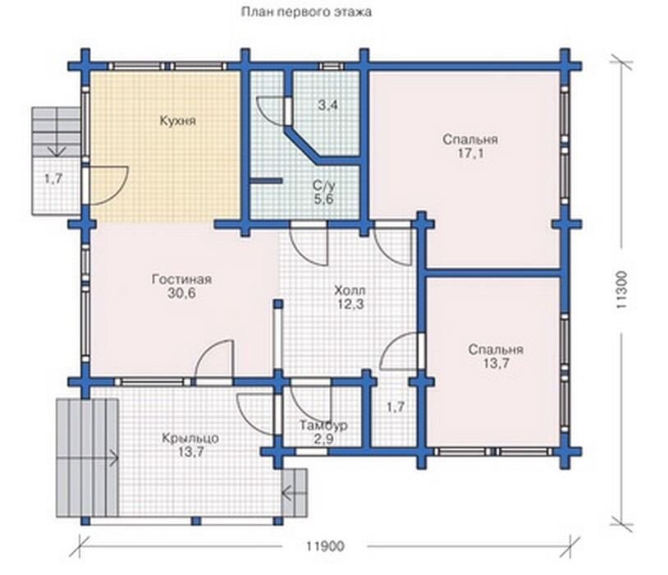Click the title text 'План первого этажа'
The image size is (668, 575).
coord(306,12)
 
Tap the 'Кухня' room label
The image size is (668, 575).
coord(178,121)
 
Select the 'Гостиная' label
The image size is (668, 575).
coord(181,279)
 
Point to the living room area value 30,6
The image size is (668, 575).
coord(181,293)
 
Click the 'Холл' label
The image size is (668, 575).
coord(350,291)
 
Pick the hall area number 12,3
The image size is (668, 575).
coord(351,305)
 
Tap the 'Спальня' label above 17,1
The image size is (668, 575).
coord(470,140)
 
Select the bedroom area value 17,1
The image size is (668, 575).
coord(471,153)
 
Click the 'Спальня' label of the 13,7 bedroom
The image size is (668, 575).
coord(496,350)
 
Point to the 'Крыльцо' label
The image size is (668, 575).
coord(190,439)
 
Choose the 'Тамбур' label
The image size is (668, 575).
coord(324,425)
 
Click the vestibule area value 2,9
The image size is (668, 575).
coord(323,439)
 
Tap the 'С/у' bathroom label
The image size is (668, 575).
coord(324,186)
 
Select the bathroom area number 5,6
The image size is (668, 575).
coord(324,200)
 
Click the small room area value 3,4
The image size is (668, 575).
coord(328,104)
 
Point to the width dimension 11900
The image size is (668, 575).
coord(325,546)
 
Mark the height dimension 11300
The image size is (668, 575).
coord(621,290)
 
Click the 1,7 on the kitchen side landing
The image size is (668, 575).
coord(53,179)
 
